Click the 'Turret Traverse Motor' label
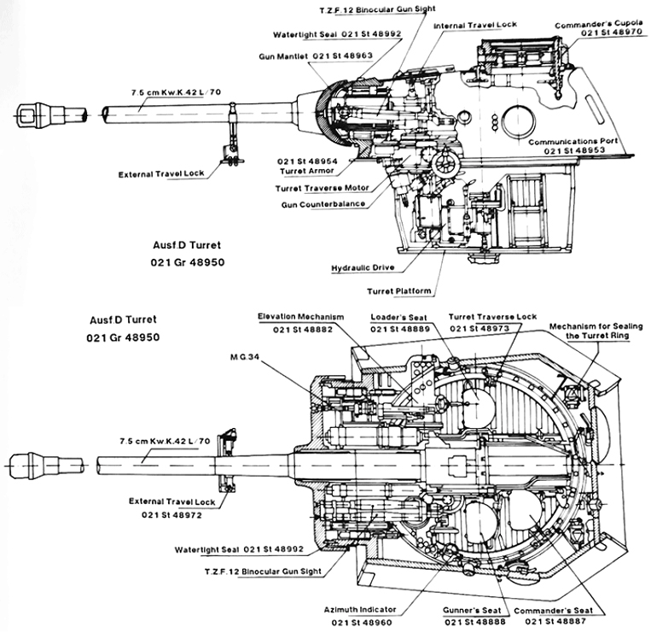[320, 188]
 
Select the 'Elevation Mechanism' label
[301, 316]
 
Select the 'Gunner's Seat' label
[466, 611]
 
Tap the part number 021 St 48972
[174, 515]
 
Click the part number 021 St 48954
[306, 161]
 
